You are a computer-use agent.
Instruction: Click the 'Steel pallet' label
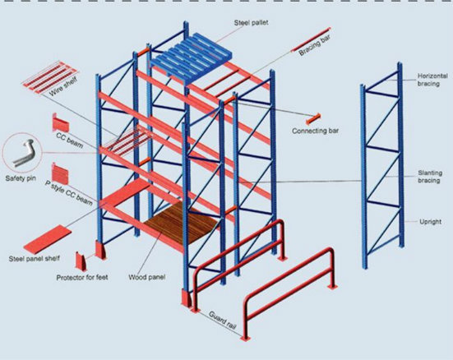point(251,22)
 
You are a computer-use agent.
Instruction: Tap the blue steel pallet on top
point(192,58)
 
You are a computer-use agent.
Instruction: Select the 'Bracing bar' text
point(315,45)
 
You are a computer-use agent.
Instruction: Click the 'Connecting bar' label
point(315,131)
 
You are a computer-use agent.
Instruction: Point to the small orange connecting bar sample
point(313,118)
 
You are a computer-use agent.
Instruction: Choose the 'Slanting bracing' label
point(429,177)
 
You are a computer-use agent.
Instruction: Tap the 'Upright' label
point(431,222)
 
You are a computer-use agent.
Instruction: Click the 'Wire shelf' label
point(63,87)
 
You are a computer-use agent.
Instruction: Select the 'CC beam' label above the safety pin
point(70,141)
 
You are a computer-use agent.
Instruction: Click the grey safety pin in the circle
point(23,153)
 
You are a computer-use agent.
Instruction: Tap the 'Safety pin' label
point(21,178)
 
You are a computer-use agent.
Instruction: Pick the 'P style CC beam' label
point(69,192)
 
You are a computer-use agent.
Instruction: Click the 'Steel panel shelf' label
point(34,259)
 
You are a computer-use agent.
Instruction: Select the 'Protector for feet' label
point(82,277)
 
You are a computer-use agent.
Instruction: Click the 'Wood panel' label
point(147,277)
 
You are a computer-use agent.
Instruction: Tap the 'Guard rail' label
point(223,321)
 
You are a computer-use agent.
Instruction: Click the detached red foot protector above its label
point(81,261)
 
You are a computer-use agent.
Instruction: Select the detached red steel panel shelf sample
point(48,239)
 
